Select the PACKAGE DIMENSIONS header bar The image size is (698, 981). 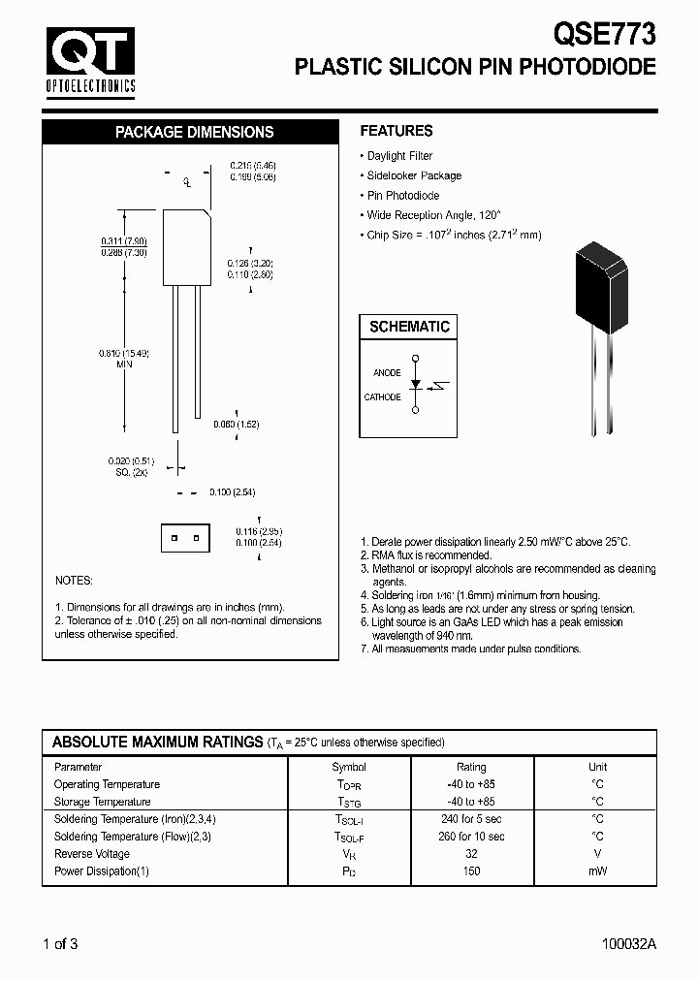pos(194,132)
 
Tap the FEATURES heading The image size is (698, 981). pos(397,131)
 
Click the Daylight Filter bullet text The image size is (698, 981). pos(399,156)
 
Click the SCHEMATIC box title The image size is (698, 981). pos(409,327)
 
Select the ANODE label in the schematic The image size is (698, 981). pos(387,372)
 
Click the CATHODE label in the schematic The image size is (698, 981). pos(382,397)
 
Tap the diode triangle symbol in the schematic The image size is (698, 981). pos(416,385)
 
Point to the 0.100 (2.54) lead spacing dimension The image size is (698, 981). pos(232,492)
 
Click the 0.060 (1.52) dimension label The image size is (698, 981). pos(236,425)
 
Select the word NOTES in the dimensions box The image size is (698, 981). pos(74,581)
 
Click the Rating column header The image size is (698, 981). pos(471,767)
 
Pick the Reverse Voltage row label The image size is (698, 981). pos(92,854)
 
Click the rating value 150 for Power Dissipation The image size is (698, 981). pos(471,871)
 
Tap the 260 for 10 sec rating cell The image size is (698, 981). pos(471,837)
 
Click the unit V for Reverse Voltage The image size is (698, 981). pos(597,854)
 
